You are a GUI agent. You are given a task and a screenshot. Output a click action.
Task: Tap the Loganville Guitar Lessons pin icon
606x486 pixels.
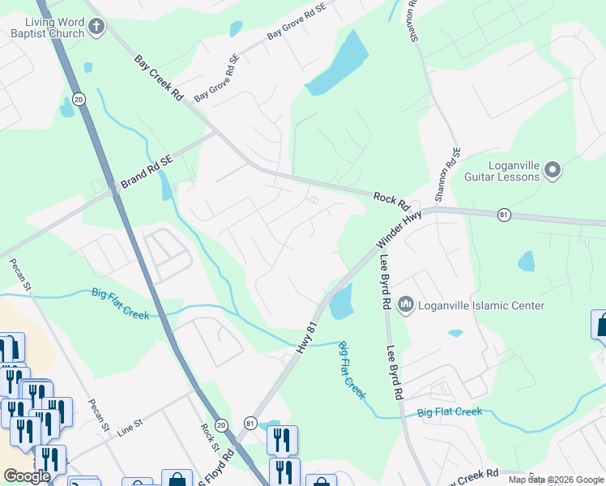[553, 170]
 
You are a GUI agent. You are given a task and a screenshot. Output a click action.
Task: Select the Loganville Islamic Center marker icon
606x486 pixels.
[405, 305]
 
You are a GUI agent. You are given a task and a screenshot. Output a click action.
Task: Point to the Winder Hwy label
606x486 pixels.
[399, 231]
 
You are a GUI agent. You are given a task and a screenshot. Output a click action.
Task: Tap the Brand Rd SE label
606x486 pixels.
[147, 173]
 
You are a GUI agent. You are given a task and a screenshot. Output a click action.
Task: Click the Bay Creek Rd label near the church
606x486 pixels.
[159, 78]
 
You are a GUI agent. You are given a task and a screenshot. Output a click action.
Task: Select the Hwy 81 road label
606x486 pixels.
[305, 337]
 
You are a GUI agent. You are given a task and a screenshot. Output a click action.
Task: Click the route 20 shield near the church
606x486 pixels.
[79, 99]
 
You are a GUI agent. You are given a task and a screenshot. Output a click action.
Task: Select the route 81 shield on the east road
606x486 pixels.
[505, 215]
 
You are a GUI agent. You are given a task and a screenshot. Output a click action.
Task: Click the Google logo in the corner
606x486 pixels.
[27, 476]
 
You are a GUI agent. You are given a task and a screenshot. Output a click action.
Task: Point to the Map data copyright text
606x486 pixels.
[556, 480]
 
